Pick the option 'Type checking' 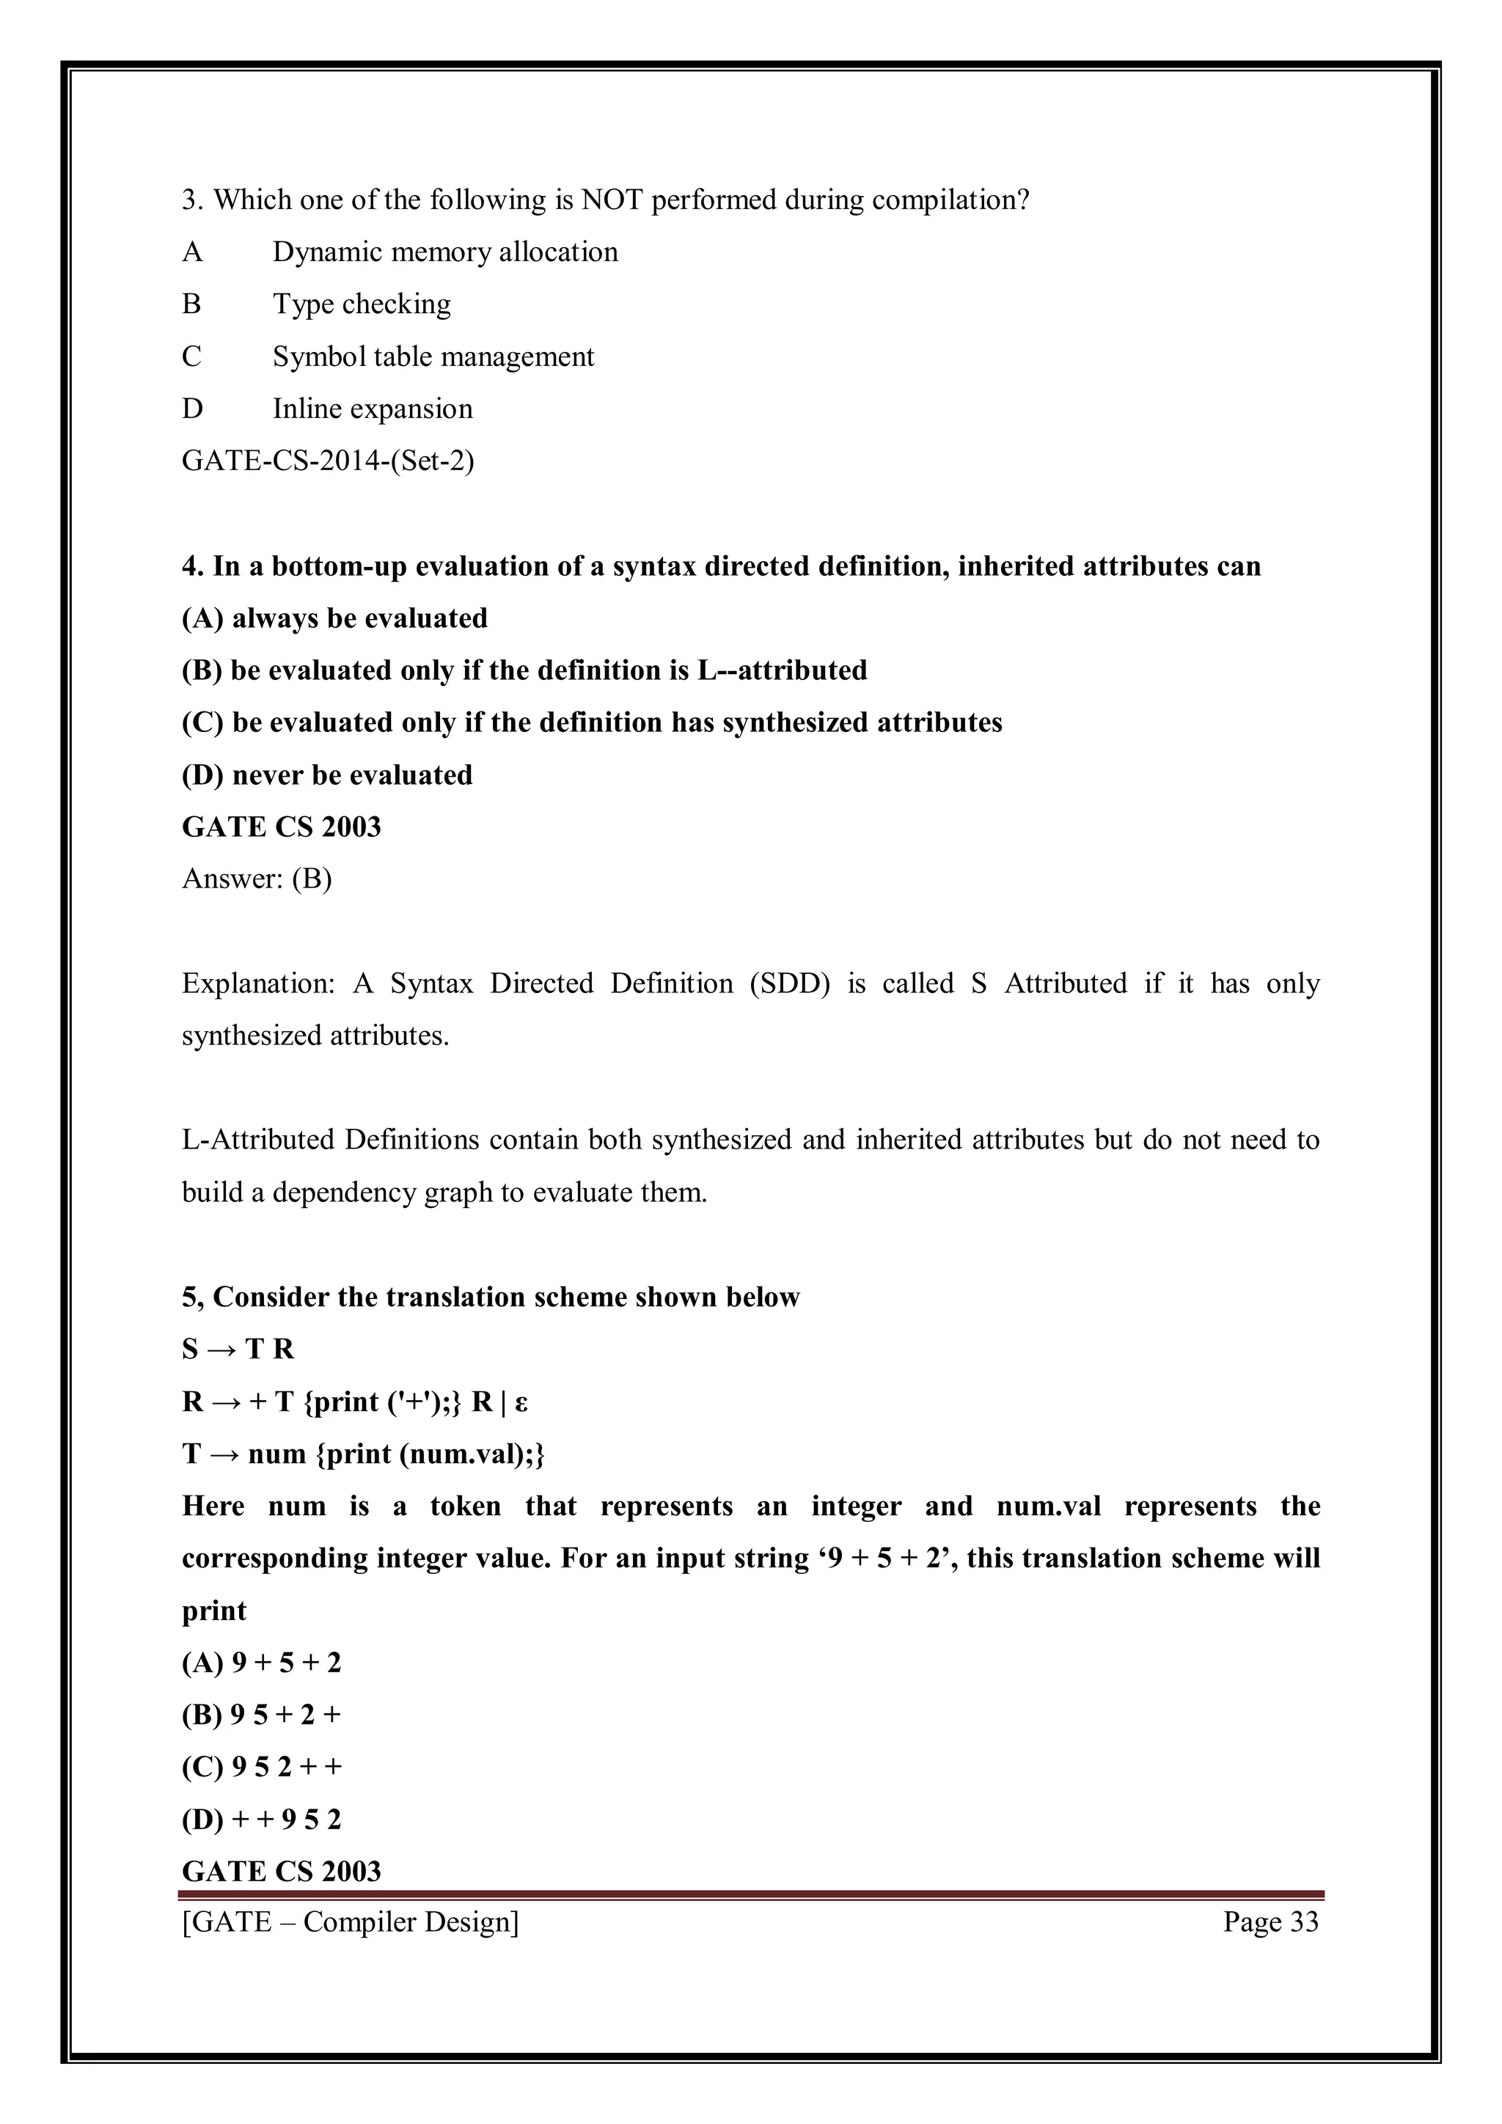point(361,304)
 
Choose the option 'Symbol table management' point(432,356)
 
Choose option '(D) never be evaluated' point(326,774)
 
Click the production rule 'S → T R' point(238,1349)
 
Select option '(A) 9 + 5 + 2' point(261,1663)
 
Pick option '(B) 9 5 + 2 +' point(261,1714)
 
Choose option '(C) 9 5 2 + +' point(262,1767)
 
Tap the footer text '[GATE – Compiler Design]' point(351,1922)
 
